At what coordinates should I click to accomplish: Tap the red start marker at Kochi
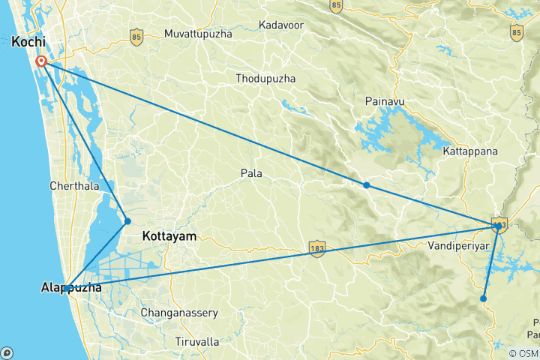pyautogui.click(x=42, y=61)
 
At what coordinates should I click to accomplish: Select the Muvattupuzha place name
pyautogui.click(x=199, y=34)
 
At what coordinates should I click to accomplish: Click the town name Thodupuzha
pyautogui.click(x=265, y=79)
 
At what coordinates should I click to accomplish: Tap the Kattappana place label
pyautogui.click(x=470, y=151)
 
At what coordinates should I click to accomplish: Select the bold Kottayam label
pyautogui.click(x=169, y=236)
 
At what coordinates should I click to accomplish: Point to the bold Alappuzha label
pyautogui.click(x=72, y=286)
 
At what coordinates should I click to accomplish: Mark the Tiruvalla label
pyautogui.click(x=196, y=341)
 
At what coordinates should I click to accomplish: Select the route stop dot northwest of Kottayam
pyautogui.click(x=127, y=221)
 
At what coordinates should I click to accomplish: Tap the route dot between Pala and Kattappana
pyautogui.click(x=366, y=185)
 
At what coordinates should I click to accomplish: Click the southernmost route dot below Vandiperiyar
pyautogui.click(x=484, y=298)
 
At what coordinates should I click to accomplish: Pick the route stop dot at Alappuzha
pyautogui.click(x=67, y=288)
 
